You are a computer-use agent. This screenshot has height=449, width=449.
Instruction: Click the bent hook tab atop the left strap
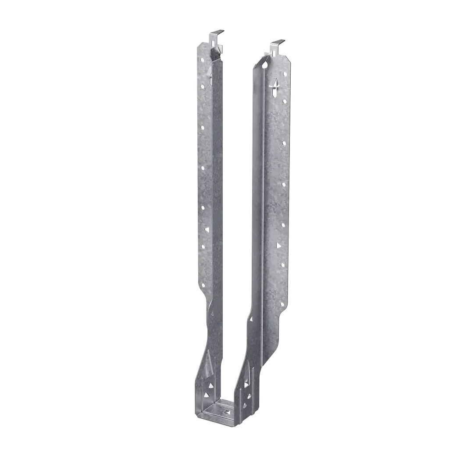pyautogui.click(x=216, y=33)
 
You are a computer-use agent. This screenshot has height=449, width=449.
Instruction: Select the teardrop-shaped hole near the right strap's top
pyautogui.click(x=264, y=65)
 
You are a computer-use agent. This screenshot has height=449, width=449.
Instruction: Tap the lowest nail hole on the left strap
pyautogui.click(x=203, y=247)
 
